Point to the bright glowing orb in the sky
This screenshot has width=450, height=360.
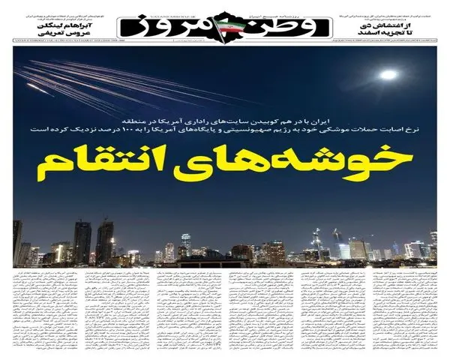click(x=388, y=74)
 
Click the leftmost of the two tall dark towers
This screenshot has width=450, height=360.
click(x=80, y=240)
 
